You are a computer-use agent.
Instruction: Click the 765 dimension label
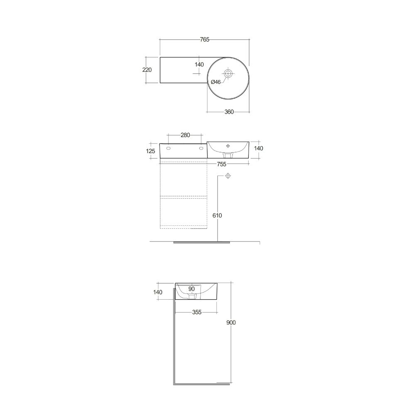[205, 39]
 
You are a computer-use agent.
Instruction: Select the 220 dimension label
[147, 70]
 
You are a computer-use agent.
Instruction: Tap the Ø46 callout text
[216, 82]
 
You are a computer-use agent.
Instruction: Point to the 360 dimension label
[229, 112]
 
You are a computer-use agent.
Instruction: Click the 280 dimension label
[185, 135]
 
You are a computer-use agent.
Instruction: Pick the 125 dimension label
[150, 151]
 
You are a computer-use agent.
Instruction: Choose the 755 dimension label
[222, 164]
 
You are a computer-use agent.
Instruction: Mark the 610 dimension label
[217, 215]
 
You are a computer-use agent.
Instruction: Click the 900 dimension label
[231, 322]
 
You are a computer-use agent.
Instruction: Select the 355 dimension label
[197, 312]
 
